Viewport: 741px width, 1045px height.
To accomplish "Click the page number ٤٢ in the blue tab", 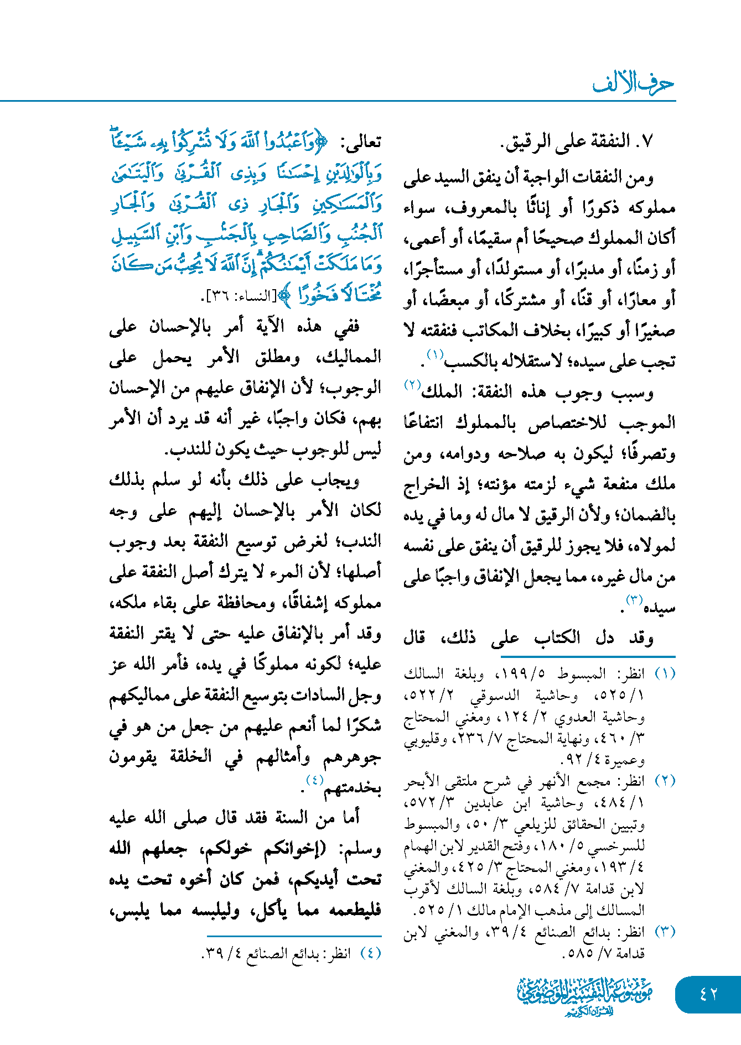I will [x=708, y=994].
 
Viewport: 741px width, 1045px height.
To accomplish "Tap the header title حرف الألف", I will [x=634, y=83].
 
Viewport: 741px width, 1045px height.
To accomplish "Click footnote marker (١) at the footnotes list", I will [x=665, y=673].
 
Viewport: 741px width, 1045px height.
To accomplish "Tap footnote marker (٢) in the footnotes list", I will [x=665, y=781].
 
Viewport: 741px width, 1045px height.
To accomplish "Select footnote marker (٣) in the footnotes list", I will [x=665, y=932].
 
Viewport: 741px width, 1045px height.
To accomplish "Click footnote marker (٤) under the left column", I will [x=370, y=953].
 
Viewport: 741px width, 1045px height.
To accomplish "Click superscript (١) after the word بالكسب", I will [x=434, y=354].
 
